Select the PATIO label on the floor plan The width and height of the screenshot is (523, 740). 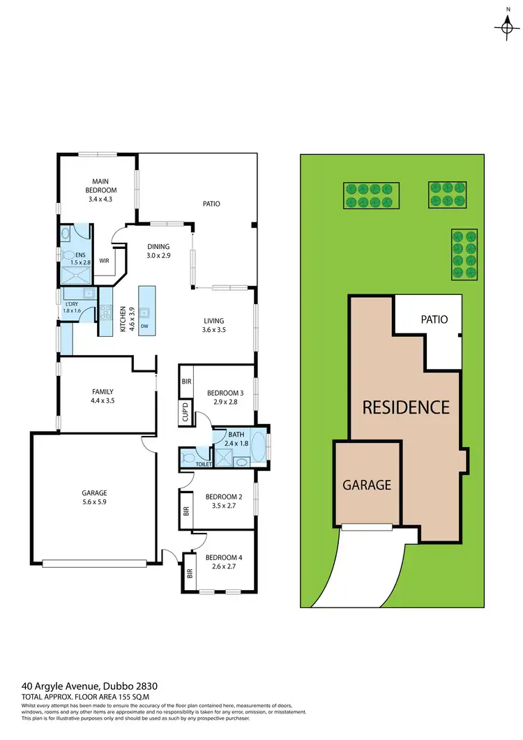click(211, 204)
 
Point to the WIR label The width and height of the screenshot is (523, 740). click(105, 261)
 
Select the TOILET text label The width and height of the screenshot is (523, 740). click(203, 464)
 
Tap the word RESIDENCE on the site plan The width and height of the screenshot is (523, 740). click(406, 407)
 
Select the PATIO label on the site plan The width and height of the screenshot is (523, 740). click(433, 319)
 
